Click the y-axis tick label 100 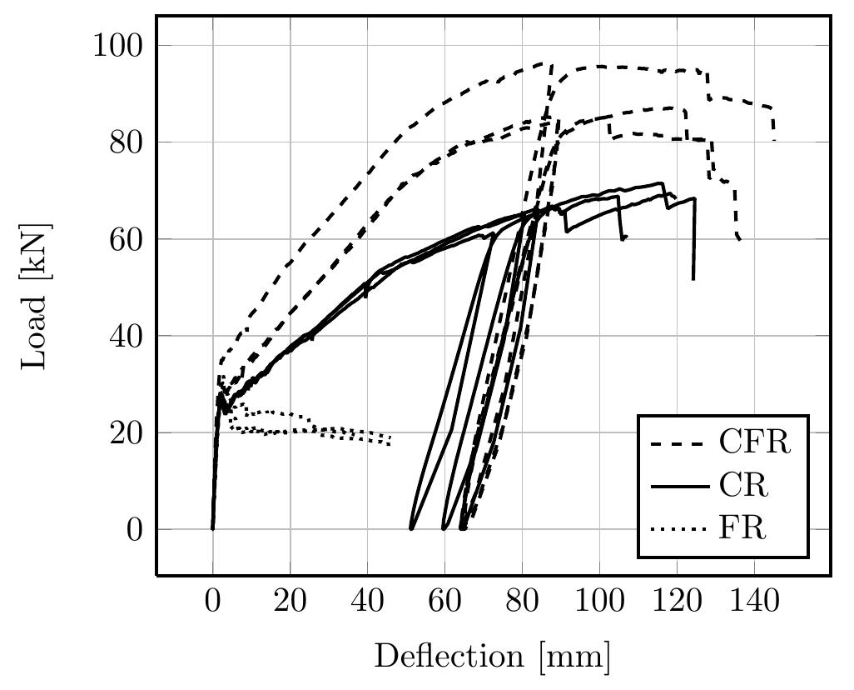pyautogui.click(x=121, y=45)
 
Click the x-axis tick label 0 pyautogui.click(x=213, y=604)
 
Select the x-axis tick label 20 pyautogui.click(x=290, y=604)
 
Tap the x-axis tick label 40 pyautogui.click(x=367, y=604)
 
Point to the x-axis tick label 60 pyautogui.click(x=444, y=604)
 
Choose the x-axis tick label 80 pyautogui.click(x=522, y=604)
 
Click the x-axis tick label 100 pyautogui.click(x=599, y=604)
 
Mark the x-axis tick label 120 pyautogui.click(x=677, y=604)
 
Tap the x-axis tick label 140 pyautogui.click(x=754, y=604)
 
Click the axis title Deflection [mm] pyautogui.click(x=492, y=657)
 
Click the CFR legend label pyautogui.click(x=754, y=442)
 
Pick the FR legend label pyautogui.click(x=742, y=528)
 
